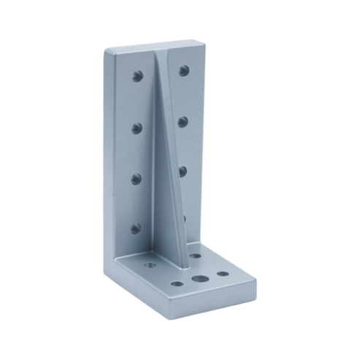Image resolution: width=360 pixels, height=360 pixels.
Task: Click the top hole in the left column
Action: coord(137,74)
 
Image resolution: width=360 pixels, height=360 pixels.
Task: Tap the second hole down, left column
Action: coord(137,127)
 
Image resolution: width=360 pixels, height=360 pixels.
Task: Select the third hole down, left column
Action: coord(137,177)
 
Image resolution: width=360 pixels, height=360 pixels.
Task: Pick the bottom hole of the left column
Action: coord(136,228)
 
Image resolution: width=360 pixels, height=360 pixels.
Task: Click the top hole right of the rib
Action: coord(184,71)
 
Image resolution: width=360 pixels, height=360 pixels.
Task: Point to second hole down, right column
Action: coord(183,120)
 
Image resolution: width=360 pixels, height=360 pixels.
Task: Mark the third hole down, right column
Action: coord(183,170)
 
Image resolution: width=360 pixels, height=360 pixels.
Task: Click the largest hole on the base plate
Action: coord(198,279)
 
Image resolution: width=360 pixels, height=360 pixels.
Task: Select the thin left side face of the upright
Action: coord(108,146)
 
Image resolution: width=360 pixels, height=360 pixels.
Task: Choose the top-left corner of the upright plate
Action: coord(106,51)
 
